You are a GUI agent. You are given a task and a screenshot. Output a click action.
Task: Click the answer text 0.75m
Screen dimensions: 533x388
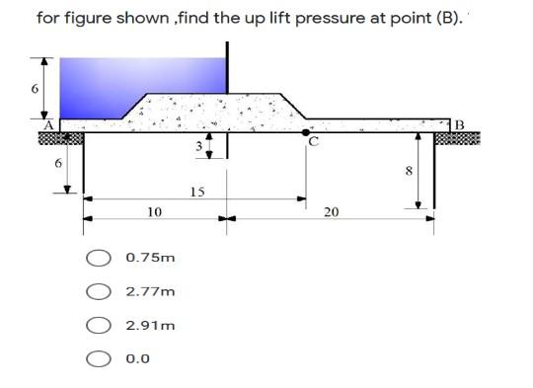tap(150, 258)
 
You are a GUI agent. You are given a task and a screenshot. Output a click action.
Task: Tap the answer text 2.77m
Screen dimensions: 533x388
tap(150, 291)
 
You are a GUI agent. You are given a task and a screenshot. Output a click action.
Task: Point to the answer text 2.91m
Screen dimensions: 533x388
tap(151, 325)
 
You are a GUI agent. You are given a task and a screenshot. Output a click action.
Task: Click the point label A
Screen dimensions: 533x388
tap(45, 124)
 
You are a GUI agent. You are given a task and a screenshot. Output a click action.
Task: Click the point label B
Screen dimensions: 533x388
tap(457, 124)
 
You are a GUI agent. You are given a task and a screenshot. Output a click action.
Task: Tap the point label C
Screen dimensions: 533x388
tap(313, 141)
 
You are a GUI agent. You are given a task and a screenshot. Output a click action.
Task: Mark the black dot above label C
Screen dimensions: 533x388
tap(307, 129)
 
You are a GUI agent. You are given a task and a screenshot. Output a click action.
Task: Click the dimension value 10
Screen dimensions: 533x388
tap(153, 212)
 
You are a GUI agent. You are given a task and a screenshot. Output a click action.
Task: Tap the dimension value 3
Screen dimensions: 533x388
tap(197, 148)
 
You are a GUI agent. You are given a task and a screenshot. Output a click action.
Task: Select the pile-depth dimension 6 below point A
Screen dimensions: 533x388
tap(57, 163)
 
